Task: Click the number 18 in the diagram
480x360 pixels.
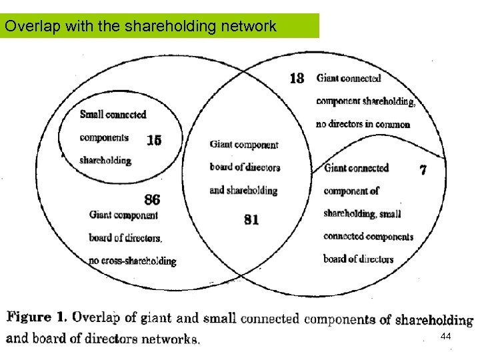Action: pos(297,78)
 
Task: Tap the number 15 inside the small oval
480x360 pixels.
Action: pos(154,140)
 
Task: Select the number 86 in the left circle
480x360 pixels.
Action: pos(152,199)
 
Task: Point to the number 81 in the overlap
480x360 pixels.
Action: pos(251,219)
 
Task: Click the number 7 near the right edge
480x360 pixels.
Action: pos(423,169)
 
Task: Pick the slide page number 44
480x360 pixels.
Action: pos(446,337)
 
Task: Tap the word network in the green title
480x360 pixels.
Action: pos(253,27)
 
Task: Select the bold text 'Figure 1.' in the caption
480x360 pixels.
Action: pos(36,317)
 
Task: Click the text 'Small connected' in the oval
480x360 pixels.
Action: pos(113,115)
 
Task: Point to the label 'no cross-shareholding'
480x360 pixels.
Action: pos(132,261)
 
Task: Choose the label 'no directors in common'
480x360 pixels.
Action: pos(363,124)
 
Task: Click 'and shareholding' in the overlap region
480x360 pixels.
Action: pos(243,190)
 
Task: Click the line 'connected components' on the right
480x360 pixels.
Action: pos(368,236)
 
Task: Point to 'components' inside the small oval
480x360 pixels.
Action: pos(103,138)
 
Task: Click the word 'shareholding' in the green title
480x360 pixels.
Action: pos(171,27)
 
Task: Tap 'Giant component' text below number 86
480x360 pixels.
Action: pos(123,215)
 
